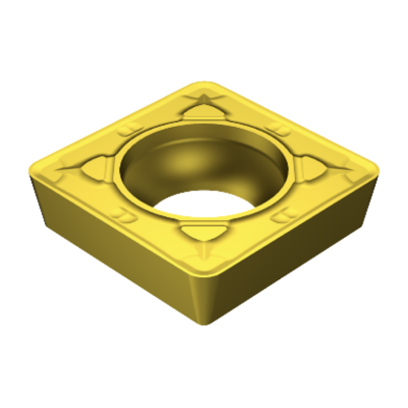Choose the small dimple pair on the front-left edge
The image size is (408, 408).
(x=125, y=212)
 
